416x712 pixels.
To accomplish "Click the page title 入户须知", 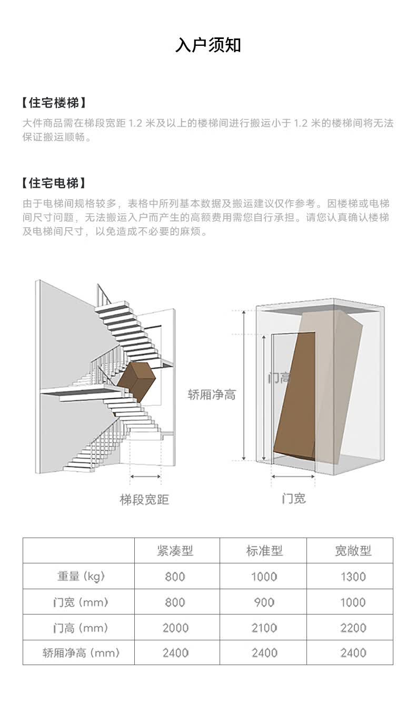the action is tap(208, 45).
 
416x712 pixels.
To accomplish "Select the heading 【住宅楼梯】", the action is tap(54, 103).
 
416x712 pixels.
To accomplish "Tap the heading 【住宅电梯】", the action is tap(54, 183).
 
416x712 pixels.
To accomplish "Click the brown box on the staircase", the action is tap(136, 381).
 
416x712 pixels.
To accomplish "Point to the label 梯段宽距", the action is tap(144, 500).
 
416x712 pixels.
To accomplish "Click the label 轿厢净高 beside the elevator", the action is tap(212, 395).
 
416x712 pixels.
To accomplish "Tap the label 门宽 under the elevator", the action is tap(294, 499).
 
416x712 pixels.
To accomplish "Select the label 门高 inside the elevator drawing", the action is tap(279, 378).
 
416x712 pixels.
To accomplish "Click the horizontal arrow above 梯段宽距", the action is tap(145, 476).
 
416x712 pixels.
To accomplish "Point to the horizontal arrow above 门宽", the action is tap(293, 476).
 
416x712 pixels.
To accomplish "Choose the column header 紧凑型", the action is tap(175, 551).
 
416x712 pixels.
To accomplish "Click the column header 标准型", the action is tap(264, 551).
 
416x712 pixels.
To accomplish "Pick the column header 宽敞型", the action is tap(353, 551).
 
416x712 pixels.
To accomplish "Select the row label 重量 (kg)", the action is tap(81, 576).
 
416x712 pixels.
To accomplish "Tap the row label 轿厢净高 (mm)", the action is tap(81, 653).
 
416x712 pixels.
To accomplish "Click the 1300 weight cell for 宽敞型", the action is tap(353, 577).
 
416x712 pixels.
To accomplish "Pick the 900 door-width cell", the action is tap(264, 602).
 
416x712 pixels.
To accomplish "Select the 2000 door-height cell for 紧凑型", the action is tap(175, 628).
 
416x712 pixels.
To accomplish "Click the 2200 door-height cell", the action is tap(353, 628).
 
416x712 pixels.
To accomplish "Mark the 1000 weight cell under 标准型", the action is tap(264, 577).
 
